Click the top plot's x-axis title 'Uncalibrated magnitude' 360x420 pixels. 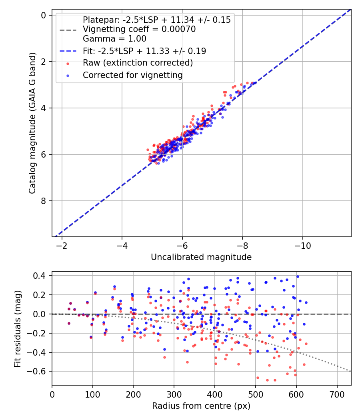(x=201, y=257)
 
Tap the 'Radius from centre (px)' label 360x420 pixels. (x=201, y=406)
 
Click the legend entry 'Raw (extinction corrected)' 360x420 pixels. (x=138, y=63)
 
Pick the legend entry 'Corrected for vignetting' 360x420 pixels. (x=132, y=75)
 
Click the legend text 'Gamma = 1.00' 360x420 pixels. (x=114, y=39)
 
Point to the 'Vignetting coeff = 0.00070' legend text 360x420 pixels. (x=139, y=29)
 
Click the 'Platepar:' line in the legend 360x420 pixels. (x=156, y=20)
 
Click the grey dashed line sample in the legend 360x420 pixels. (x=68, y=30)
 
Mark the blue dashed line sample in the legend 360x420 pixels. (x=68, y=51)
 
